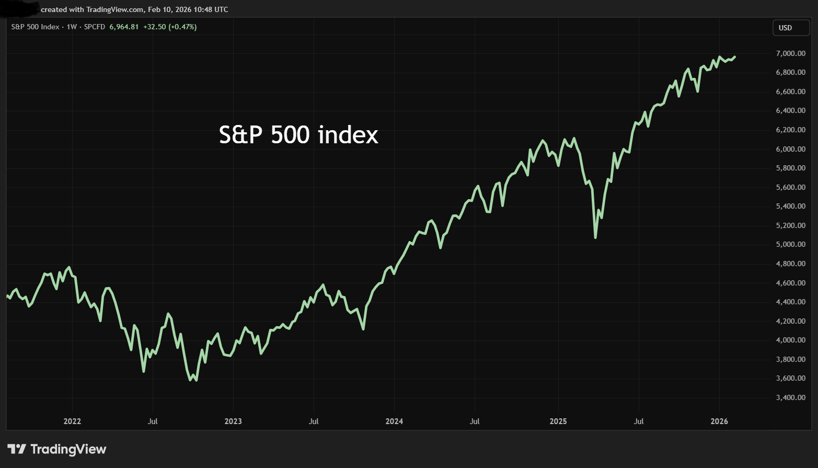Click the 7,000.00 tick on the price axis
790,53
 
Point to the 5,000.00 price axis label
790,245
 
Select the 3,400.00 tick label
790,397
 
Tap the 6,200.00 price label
790,130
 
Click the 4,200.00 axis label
790,321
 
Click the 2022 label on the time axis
72,421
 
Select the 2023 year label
233,421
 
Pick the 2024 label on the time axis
394,421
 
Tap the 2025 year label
558,421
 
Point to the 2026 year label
719,421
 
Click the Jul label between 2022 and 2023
153,421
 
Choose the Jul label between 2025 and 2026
639,421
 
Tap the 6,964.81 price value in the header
124,27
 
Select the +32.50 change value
154,27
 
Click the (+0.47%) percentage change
182,27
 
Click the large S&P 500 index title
298,135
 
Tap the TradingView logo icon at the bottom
17,449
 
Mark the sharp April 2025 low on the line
595,238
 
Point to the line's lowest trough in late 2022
196,380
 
